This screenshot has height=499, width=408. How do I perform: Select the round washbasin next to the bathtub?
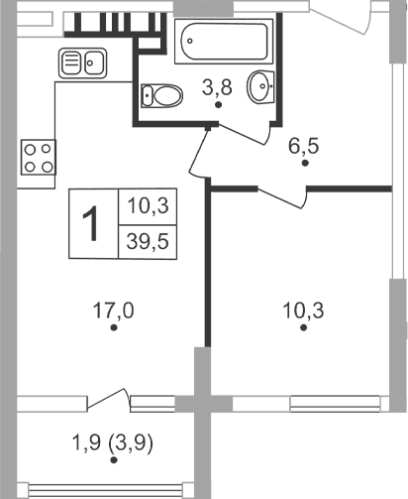click(x=263, y=86)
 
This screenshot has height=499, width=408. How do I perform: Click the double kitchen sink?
click(x=84, y=63)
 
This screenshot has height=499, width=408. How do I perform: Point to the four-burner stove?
click(x=40, y=157)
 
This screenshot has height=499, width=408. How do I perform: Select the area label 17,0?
click(x=115, y=310)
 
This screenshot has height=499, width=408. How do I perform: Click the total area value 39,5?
click(x=145, y=240)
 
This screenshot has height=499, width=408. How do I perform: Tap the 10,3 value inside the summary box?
click(x=145, y=206)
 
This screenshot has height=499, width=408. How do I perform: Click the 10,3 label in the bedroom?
click(x=305, y=310)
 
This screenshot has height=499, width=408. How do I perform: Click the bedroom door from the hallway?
click(x=282, y=196)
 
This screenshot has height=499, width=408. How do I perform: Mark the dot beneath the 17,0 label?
click(x=115, y=327)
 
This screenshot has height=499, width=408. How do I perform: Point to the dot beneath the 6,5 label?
click(x=306, y=163)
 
